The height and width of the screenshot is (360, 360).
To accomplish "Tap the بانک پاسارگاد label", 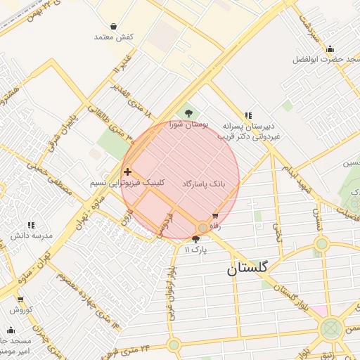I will (x=204, y=183).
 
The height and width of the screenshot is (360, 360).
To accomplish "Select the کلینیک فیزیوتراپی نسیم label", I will (x=128, y=182).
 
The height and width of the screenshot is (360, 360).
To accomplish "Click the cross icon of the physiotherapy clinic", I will (x=127, y=172).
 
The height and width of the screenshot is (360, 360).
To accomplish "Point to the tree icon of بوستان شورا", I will (x=188, y=112).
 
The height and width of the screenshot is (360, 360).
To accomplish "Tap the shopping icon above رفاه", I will (x=215, y=216).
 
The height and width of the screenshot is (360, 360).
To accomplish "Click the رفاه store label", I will (x=215, y=226).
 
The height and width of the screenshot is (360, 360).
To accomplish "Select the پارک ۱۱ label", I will (x=196, y=250).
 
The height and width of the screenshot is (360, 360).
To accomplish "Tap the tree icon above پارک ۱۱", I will (x=195, y=239).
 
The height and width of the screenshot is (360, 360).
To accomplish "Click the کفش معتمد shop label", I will (x=114, y=36).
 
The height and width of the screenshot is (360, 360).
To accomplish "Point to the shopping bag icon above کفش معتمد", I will (x=114, y=26).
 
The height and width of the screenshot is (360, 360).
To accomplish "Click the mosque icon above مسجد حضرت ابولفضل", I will (x=330, y=49).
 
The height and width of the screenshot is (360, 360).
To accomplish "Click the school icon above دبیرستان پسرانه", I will (x=248, y=115).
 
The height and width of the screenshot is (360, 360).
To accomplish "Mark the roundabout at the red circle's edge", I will (x=202, y=228).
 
